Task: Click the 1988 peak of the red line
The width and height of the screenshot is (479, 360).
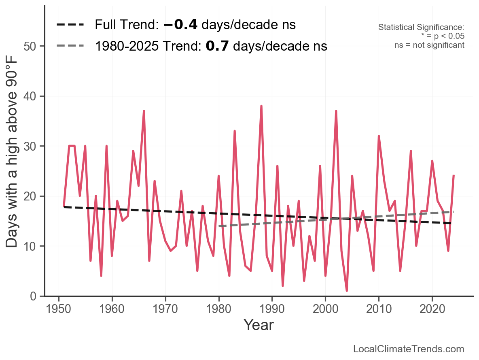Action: click(x=261, y=107)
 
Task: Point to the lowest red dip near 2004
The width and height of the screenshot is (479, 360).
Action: click(x=347, y=290)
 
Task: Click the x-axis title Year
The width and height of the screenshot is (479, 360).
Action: click(x=259, y=325)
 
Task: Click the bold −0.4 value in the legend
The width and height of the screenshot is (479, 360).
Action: click(x=180, y=25)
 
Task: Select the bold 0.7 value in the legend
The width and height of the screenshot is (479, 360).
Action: click(x=217, y=46)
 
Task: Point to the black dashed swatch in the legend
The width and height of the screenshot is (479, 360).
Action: click(x=70, y=25)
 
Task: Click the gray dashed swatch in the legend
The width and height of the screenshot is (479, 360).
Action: click(x=70, y=46)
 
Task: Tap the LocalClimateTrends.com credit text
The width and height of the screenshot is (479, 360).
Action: click(x=409, y=349)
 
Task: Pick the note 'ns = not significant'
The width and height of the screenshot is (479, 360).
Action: click(x=429, y=45)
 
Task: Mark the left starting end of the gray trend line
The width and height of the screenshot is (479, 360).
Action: click(x=219, y=226)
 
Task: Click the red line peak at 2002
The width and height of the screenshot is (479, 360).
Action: click(x=336, y=111)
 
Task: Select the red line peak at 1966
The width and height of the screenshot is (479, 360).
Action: click(x=144, y=111)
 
